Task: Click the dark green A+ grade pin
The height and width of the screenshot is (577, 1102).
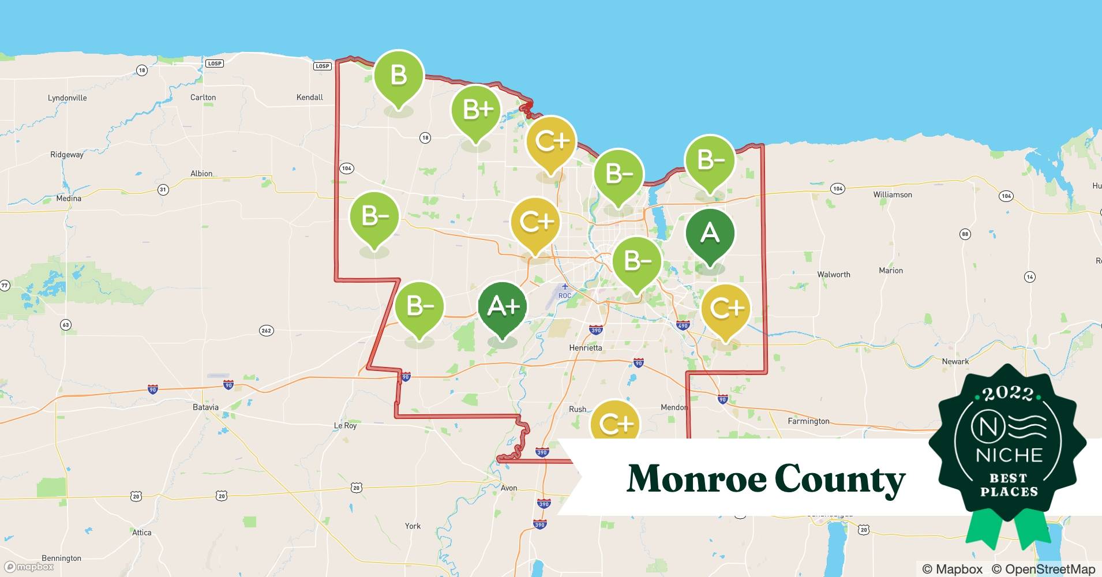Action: point(503,307)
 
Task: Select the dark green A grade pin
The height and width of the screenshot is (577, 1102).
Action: point(710,234)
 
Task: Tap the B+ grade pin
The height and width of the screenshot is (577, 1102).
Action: point(476,110)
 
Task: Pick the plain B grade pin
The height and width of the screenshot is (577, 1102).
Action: point(398,76)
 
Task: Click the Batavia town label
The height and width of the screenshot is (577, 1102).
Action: point(205,407)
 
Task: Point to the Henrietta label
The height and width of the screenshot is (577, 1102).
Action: point(585,348)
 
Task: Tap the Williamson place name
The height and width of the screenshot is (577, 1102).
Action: point(892,194)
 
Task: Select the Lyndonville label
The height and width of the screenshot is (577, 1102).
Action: point(67,98)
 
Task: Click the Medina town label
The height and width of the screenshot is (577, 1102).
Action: point(69,198)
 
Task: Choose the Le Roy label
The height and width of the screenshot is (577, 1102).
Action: point(346,426)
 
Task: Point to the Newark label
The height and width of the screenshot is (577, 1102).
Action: point(955,362)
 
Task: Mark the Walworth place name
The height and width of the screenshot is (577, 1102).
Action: point(833,275)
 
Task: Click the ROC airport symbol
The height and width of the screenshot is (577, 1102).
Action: point(564,287)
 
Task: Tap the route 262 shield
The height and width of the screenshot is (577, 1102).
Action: point(266,331)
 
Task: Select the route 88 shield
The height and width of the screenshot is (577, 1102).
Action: point(965,234)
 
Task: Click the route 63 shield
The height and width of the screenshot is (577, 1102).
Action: point(66,325)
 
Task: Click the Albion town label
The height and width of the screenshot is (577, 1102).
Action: point(201,174)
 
